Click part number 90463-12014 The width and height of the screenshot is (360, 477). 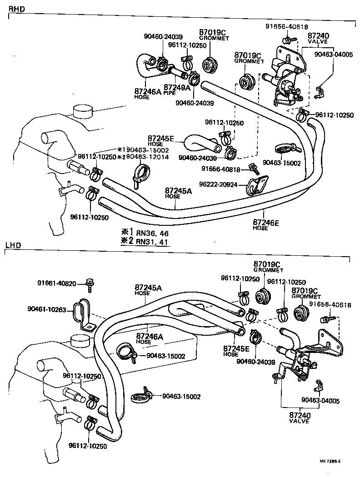tap(147, 157)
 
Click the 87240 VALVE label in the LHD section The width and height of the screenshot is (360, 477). tap(299, 418)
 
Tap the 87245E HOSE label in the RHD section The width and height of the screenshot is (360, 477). tap(161, 140)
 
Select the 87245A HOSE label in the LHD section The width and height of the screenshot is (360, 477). tap(148, 290)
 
